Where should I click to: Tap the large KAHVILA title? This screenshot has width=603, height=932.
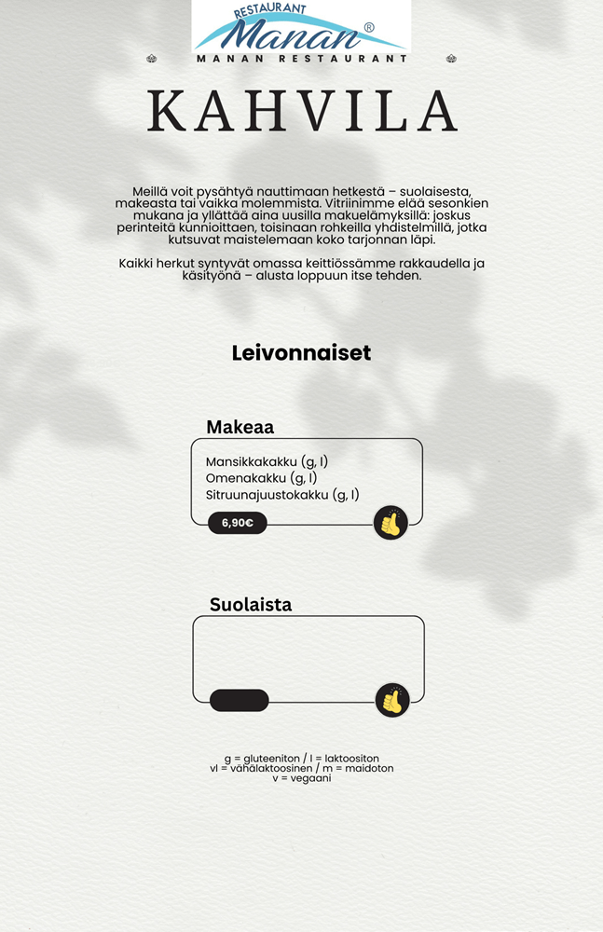[302, 111]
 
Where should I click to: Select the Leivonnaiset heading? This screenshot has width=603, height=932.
[301, 353]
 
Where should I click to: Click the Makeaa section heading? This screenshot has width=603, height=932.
[240, 428]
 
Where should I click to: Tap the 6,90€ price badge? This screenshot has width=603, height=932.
[238, 523]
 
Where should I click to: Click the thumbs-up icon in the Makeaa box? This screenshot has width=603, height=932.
[391, 523]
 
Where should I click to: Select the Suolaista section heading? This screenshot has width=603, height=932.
[250, 604]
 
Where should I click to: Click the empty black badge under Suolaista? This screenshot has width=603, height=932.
[240, 700]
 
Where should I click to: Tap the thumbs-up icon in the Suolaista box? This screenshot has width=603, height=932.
[392, 700]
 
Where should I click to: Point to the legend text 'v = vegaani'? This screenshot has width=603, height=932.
[301, 778]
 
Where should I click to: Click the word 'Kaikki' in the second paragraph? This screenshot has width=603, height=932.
[137, 264]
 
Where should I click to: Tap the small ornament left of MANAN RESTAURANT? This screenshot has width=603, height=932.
[152, 59]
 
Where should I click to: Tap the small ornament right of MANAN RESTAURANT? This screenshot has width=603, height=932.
[451, 59]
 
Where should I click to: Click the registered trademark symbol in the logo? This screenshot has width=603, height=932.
[369, 28]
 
